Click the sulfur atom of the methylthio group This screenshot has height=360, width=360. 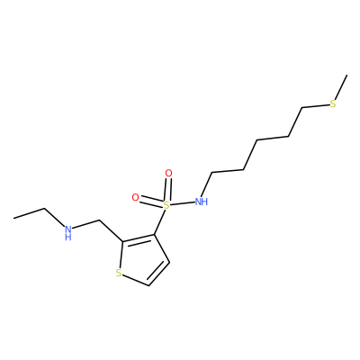(x=333, y=104)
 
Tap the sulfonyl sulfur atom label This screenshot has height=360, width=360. (x=166, y=205)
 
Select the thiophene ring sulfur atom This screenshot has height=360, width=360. (x=119, y=273)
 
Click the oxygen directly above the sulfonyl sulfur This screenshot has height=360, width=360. (x=169, y=173)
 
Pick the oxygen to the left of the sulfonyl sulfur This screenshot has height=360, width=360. (x=136, y=197)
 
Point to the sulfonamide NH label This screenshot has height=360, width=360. (x=202, y=202)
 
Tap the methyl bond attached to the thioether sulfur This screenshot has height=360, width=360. (x=341, y=87)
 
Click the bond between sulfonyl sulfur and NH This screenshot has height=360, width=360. (x=182, y=203)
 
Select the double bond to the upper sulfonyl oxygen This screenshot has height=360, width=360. (x=167, y=190)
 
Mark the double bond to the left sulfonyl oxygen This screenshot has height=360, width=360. (x=151, y=202)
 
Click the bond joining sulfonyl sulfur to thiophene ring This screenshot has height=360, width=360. (x=160, y=222)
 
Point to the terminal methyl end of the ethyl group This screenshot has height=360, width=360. (x=14, y=218)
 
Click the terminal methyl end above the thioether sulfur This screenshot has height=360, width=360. (x=347, y=75)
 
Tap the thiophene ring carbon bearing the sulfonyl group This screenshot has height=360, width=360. (x=155, y=234)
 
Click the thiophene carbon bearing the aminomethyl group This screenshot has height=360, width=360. (x=122, y=241)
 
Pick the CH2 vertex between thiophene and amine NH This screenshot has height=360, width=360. (x=99, y=221)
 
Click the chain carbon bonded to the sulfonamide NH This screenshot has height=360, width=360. (x=212, y=173)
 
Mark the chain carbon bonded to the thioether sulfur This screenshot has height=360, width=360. (x=302, y=107)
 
